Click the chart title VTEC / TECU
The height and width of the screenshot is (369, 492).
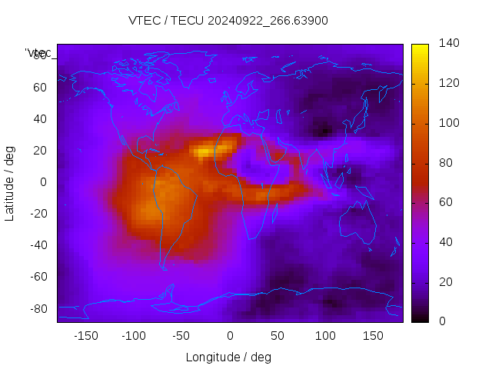pos(228,21)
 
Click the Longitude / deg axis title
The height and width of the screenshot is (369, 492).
pos(228,357)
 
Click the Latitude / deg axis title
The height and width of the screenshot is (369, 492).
pos(10,182)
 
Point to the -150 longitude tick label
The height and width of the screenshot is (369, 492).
pos(85,336)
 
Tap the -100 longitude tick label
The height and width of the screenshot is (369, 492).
pos(133,336)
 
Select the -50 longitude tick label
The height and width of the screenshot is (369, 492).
pos(181,336)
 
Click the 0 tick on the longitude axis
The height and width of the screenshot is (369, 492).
pos(230,336)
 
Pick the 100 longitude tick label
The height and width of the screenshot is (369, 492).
pos(325,336)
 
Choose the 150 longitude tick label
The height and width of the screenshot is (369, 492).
pos(373,336)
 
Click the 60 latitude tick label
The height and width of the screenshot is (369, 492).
pos(39,87)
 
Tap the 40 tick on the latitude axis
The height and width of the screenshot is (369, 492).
pos(39,118)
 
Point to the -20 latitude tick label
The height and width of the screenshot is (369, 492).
pos(38,214)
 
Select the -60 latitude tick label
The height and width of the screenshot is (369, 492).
pos(38,277)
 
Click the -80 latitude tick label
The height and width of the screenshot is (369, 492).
pos(38,308)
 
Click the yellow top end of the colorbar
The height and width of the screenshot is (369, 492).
pos(420,48)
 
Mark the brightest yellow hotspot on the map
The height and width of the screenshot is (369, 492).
pos(203,152)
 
